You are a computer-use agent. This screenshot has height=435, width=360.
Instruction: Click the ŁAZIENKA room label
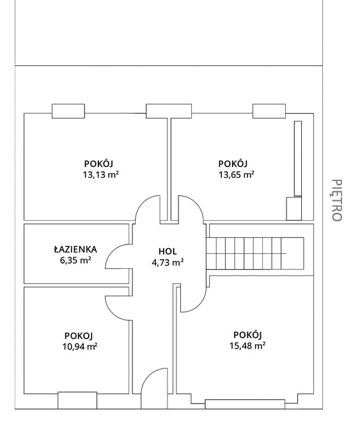(x=75, y=249)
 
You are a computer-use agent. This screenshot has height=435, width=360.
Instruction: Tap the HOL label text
(x=168, y=251)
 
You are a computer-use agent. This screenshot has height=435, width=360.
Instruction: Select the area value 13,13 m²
(x=101, y=175)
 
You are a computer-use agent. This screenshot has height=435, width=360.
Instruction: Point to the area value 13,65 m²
(x=237, y=175)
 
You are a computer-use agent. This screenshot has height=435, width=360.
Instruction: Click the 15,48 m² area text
(x=247, y=345)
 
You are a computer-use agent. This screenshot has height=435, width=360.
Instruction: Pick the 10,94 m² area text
(x=80, y=347)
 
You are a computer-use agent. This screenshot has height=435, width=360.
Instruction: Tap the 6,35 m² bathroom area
(x=75, y=260)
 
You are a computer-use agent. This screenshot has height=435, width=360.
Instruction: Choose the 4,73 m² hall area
(x=168, y=262)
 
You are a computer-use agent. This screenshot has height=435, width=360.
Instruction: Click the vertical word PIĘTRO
(x=337, y=200)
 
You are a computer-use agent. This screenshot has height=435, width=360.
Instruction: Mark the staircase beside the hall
(x=255, y=253)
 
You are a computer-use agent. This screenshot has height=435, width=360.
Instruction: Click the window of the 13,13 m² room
(x=68, y=111)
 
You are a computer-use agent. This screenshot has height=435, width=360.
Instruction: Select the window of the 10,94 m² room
(x=77, y=400)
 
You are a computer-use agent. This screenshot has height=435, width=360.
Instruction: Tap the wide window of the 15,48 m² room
(x=245, y=404)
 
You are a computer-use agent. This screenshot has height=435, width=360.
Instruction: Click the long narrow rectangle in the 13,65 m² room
(x=298, y=159)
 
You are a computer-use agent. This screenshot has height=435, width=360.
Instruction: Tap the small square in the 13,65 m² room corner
(x=294, y=209)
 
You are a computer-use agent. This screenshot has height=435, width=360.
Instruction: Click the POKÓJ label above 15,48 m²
(x=247, y=335)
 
